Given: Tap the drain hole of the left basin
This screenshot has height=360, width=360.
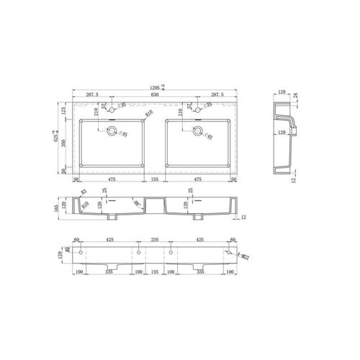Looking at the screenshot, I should click(112, 131).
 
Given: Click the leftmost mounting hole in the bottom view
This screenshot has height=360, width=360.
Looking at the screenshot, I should click(81, 254).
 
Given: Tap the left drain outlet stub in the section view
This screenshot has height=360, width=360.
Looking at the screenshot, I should click(112, 217).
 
